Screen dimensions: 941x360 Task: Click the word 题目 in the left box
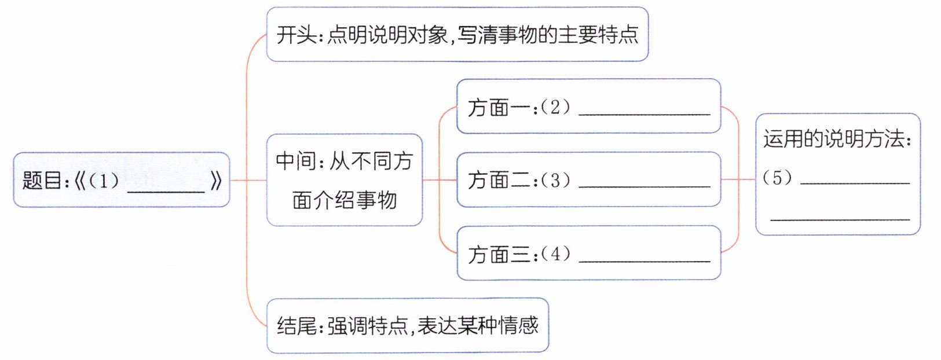pos(42,181)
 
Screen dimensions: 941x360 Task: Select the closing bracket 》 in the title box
pos(215,181)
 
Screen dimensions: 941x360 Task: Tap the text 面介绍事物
pos(345,200)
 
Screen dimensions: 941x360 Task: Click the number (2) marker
pos(555,107)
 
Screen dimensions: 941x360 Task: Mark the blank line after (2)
pos(644,113)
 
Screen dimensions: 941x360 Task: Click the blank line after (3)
pos(644,186)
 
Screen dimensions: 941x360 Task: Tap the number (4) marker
pos(555,254)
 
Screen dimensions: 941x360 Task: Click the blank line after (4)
pos(644,260)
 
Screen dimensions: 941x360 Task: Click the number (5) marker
pos(777,178)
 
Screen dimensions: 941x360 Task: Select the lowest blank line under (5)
pos(840,219)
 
